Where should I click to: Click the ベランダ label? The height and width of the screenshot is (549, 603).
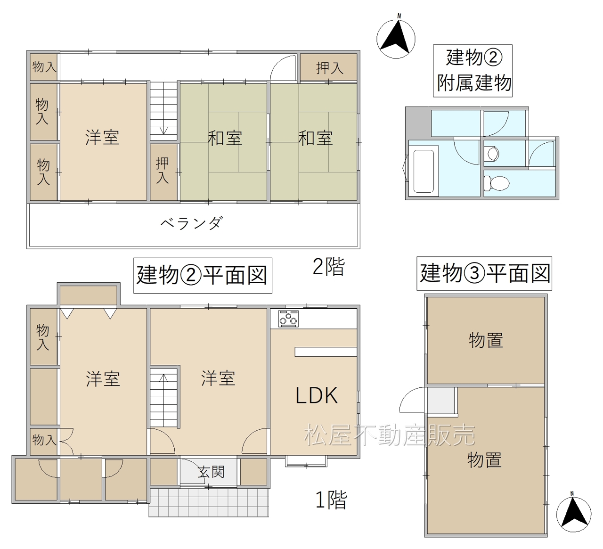click(192, 223)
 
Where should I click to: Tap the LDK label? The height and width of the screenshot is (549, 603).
click(317, 395)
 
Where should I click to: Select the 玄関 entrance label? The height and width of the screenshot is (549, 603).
click(211, 472)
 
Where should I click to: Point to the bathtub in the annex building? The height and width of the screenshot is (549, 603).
click(423, 171)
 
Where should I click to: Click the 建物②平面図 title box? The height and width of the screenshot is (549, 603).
click(203, 275)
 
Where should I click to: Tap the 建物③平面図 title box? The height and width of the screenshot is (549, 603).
click(484, 273)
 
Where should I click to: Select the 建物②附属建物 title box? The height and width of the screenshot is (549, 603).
click(473, 71)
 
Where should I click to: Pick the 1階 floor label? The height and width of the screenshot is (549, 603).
click(331, 500)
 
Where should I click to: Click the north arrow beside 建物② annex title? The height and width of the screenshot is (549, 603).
click(396, 39)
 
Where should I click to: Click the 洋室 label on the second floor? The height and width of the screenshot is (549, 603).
click(102, 138)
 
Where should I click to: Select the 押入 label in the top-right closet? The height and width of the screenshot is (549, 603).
click(329, 68)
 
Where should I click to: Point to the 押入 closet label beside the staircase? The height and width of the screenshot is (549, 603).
click(163, 171)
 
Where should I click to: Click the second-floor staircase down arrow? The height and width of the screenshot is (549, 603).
click(164, 131)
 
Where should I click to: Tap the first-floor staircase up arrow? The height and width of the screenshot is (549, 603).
click(163, 378)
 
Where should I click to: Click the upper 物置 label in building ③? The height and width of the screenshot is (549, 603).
click(486, 340)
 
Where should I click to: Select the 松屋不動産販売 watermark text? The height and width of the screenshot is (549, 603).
click(390, 435)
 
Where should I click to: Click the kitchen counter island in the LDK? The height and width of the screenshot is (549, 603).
click(326, 352)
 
